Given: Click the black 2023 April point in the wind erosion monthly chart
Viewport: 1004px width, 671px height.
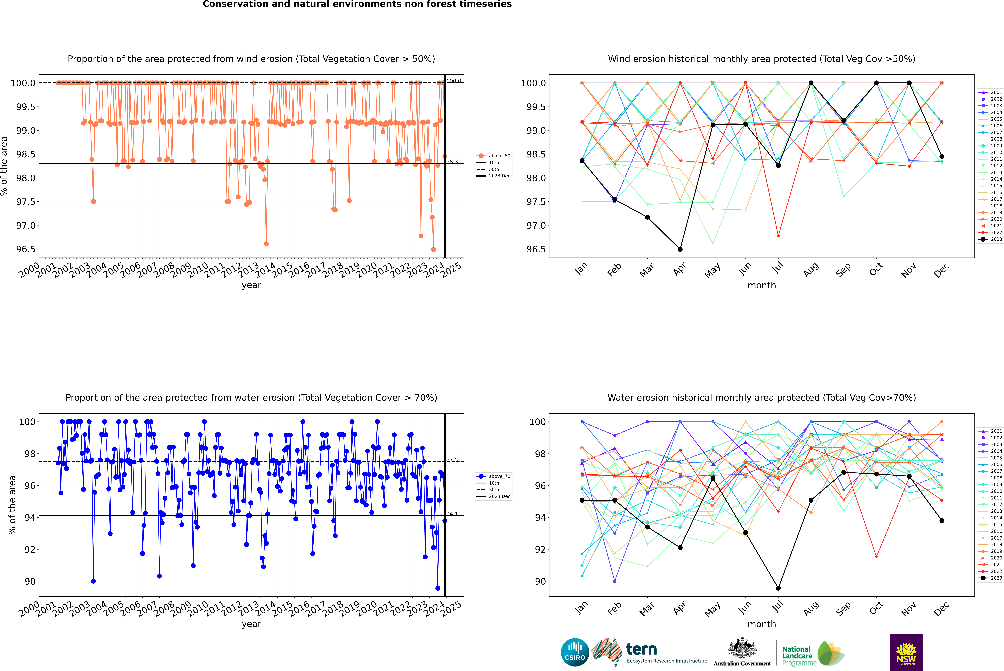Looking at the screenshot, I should coord(680,249).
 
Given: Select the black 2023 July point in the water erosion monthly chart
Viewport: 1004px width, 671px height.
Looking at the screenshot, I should coord(778,588).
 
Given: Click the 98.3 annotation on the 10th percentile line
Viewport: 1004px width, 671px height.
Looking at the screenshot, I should coord(452,162).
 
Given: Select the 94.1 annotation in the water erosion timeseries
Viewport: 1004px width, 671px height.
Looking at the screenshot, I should coord(452,514).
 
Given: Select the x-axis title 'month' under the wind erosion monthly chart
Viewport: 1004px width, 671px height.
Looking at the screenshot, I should coord(761,285).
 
